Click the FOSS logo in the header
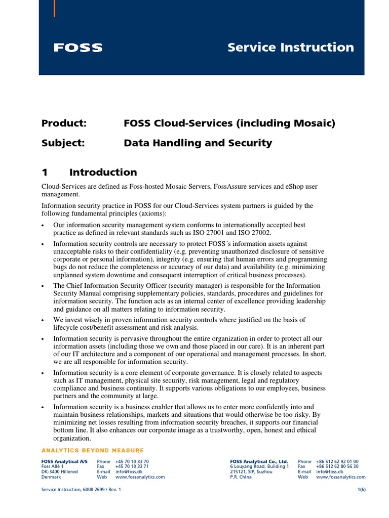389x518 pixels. pos(78,48)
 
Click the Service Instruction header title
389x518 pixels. pos(291,48)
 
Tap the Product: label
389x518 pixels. pos(64,123)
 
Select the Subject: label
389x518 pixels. pos(64,143)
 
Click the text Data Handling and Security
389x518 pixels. pos(198,143)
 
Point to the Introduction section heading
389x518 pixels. pos(103,172)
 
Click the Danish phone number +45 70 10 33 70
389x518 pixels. pos(132,462)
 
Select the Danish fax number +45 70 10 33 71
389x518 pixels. pos(132,467)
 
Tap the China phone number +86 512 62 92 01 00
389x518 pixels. pos(337,462)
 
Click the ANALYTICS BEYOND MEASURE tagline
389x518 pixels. pos(92,451)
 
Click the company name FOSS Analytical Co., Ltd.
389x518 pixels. pos(259,462)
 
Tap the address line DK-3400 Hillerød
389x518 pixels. pos(60,472)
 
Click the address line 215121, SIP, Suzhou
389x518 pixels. pos(251,472)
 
